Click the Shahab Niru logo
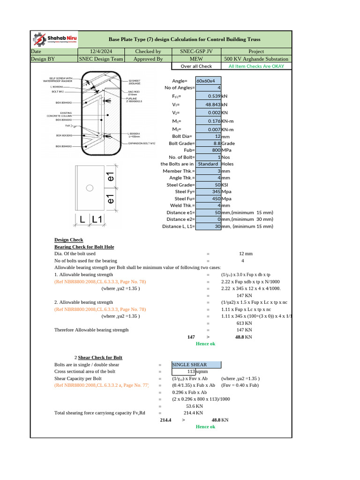coord(54,39)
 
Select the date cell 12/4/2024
coord(102,52)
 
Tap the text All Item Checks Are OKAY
coord(256,66)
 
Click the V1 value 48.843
coord(210,104)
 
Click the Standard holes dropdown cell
coord(208,164)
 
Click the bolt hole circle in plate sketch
coord(89,188)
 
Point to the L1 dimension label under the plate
coord(97,219)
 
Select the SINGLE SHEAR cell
coord(195,365)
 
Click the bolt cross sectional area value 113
coord(191,372)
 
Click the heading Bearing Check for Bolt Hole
coord(84,247)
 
